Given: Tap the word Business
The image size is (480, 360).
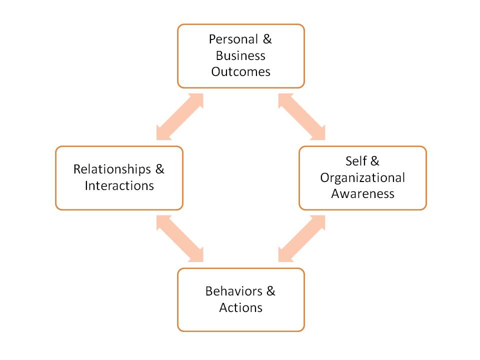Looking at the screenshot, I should (x=240, y=55).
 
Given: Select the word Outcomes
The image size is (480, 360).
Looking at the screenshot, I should (x=240, y=71).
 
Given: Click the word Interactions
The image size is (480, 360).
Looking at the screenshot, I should (x=119, y=185).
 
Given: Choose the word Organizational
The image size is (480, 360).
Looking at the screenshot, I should (x=362, y=177).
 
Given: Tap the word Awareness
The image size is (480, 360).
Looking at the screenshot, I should (x=362, y=193).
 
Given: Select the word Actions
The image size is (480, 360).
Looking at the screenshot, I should (x=240, y=307).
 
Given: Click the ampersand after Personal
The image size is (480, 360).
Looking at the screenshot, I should (x=267, y=39).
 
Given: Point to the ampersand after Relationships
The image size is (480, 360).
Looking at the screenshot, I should (x=159, y=169).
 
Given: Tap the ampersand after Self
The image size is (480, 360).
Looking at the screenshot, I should (x=375, y=161).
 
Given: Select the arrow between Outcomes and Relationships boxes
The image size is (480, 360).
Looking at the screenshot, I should (x=180, y=116).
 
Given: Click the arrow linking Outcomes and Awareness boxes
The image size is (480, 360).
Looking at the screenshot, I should (x=301, y=116).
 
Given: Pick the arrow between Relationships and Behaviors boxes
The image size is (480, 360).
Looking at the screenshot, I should (x=180, y=238).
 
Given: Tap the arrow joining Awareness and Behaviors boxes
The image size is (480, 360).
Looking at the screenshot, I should (x=301, y=238).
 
